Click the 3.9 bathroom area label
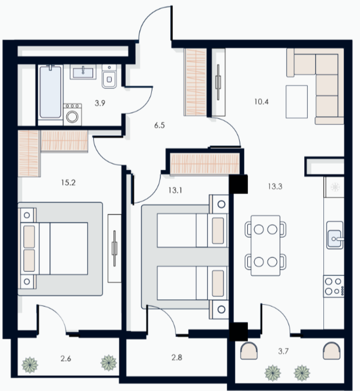click(100, 103)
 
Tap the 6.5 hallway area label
click(159, 125)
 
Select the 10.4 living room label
click(261, 102)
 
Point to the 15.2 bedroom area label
click(68, 182)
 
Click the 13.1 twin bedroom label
click(175, 191)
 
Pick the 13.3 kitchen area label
click(275, 186)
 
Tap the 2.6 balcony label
click(66, 358)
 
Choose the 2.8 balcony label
click(177, 357)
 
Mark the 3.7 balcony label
click(283, 351)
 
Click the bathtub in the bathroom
click(50, 92)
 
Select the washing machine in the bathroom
click(72, 114)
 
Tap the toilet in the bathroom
click(109, 77)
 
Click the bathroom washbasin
click(83, 72)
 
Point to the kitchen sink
click(335, 235)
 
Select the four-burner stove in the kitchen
click(334, 286)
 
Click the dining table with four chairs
click(265, 246)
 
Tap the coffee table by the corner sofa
click(297, 102)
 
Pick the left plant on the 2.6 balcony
click(30, 365)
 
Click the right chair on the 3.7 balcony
click(332, 351)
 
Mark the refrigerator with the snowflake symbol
click(334, 187)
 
